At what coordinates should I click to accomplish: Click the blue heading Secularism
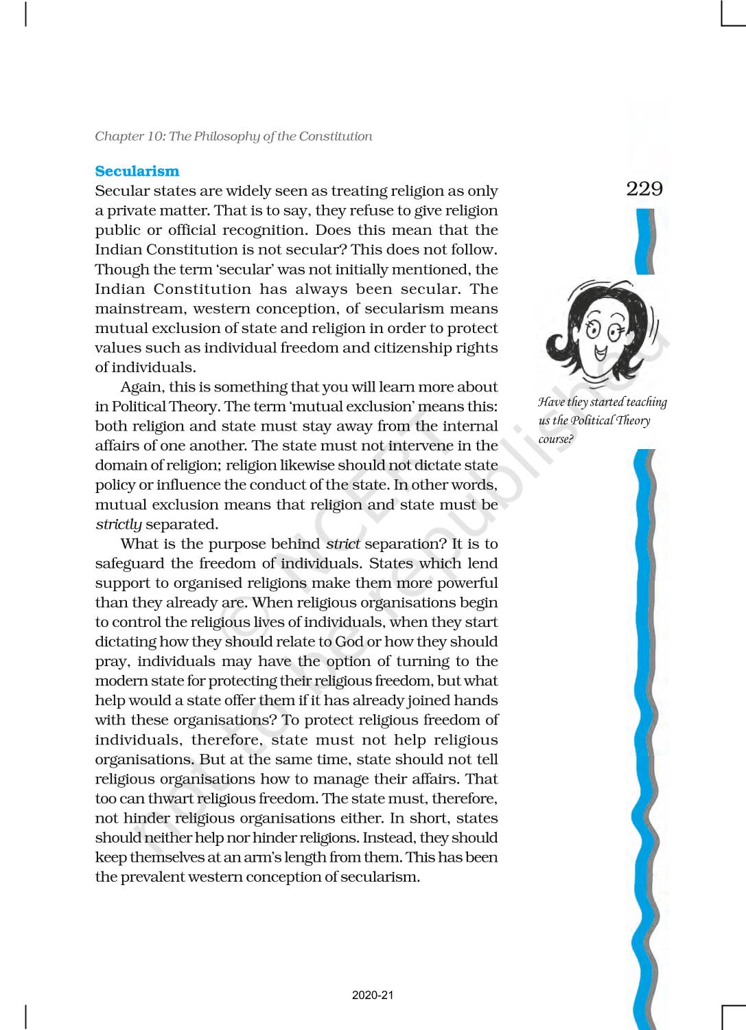pyautogui.click(x=137, y=172)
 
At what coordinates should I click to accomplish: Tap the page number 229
pyautogui.click(x=644, y=189)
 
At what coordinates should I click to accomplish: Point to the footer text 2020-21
pyautogui.click(x=373, y=996)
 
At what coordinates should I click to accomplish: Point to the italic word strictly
pyautogui.click(x=119, y=525)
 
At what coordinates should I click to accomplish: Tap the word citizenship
pyautogui.click(x=415, y=348)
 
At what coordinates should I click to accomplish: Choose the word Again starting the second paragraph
pyautogui.click(x=141, y=387)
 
